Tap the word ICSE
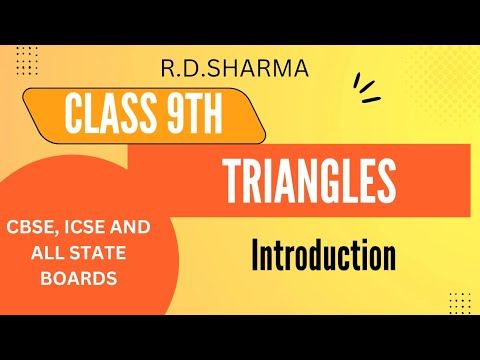[96, 228]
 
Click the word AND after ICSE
[136, 228]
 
